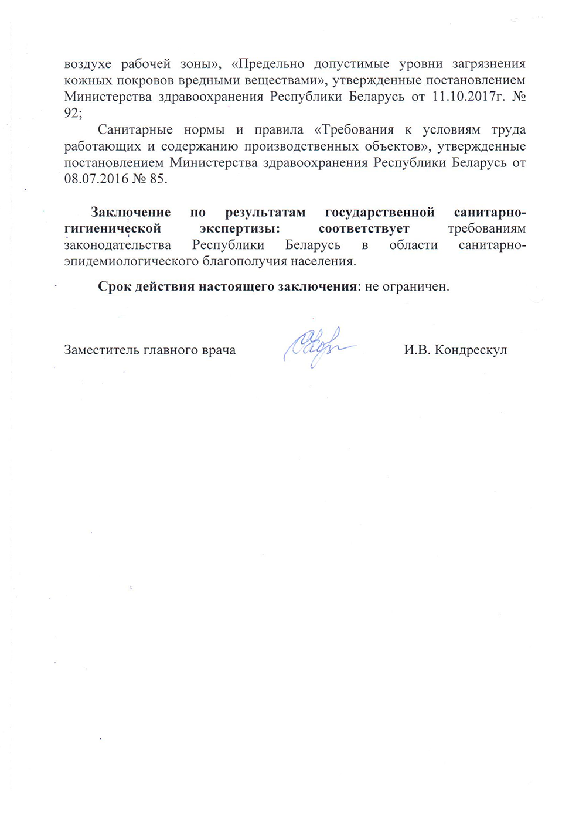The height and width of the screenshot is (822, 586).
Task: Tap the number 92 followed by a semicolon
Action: coord(71,113)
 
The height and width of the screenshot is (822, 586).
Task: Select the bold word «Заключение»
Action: coord(131,212)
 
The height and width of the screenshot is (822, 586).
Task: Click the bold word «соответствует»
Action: coord(364,228)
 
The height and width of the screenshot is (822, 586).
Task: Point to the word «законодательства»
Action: coord(118,245)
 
